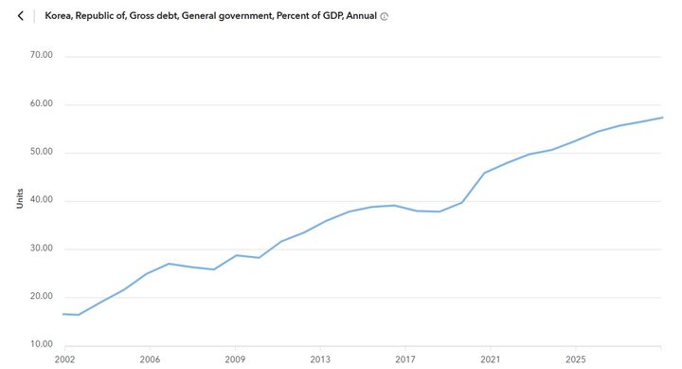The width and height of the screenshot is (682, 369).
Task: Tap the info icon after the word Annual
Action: pos(384,17)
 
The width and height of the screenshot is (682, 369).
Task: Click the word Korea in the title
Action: pos(60,16)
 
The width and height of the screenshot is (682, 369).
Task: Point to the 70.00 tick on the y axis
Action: pos(43,56)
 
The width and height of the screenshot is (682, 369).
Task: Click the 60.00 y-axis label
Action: pos(43,104)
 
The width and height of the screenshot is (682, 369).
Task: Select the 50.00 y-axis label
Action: pos(43,153)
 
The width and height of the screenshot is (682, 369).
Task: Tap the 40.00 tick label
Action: pos(43,201)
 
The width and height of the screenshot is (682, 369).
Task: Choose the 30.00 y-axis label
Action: pos(43,249)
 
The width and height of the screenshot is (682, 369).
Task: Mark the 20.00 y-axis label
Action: pos(43,298)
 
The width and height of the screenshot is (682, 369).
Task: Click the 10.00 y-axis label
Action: pos(43,345)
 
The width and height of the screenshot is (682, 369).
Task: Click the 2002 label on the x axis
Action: pos(64,360)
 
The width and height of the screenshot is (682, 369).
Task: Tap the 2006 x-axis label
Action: pos(150,360)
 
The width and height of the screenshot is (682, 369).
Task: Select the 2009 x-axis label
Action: pos(235,360)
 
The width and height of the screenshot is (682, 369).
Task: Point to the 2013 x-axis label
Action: pos(320,360)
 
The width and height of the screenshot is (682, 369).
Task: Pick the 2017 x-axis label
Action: pos(405,360)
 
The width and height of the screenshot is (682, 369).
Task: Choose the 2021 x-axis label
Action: pos(491,360)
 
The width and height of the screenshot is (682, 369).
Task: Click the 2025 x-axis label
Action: pos(576,360)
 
